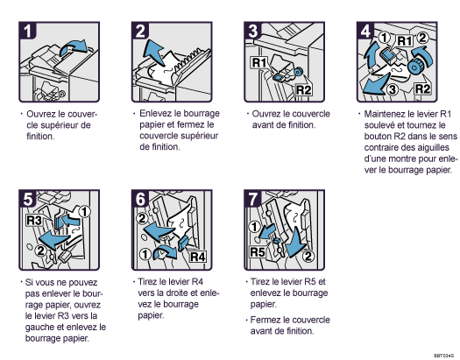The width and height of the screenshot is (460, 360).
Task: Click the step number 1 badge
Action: (x=27, y=30)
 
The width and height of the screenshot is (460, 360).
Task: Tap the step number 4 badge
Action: (x=365, y=30)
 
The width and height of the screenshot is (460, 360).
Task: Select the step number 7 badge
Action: (x=252, y=199)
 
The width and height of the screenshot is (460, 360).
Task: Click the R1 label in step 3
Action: (x=259, y=63)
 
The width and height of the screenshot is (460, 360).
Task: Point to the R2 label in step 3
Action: (x=303, y=90)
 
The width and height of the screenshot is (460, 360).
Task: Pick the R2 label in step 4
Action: (x=422, y=88)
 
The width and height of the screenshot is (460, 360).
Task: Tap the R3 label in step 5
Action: (x=34, y=220)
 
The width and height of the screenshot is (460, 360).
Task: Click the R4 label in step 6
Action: (x=198, y=258)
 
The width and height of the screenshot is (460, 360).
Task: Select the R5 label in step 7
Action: (x=258, y=251)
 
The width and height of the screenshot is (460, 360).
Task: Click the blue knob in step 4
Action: (x=414, y=67)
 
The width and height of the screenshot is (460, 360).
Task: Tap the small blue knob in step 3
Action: (x=298, y=72)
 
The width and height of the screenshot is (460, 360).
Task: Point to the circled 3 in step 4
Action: (x=393, y=89)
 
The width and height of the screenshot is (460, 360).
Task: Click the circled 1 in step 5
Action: (x=85, y=212)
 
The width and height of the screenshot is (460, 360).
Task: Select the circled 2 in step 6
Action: (x=142, y=219)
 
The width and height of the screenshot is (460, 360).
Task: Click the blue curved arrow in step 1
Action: (x=74, y=47)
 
